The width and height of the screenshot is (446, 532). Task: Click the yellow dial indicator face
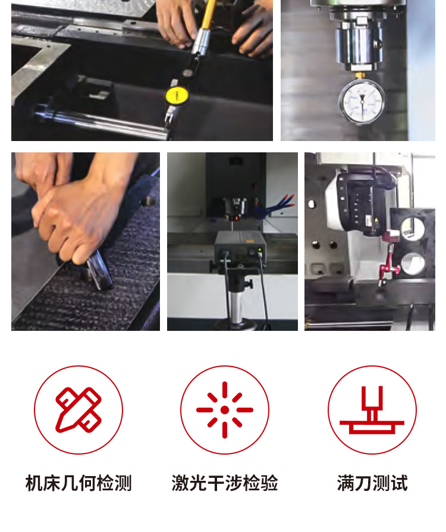(x=177, y=95)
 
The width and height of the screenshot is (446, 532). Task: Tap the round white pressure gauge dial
(x=362, y=101)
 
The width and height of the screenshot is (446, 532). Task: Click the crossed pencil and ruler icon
(x=78, y=410)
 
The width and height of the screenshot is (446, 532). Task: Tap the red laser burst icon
(x=225, y=410)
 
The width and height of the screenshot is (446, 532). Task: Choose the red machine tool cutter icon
(x=372, y=410)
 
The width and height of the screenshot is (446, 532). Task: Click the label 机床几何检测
(x=78, y=483)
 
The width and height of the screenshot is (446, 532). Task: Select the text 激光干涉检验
(x=225, y=483)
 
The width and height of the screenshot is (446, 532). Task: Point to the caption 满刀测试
(x=372, y=483)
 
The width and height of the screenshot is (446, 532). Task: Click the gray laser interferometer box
(x=240, y=248)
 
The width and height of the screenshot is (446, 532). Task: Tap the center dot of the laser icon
(x=225, y=410)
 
